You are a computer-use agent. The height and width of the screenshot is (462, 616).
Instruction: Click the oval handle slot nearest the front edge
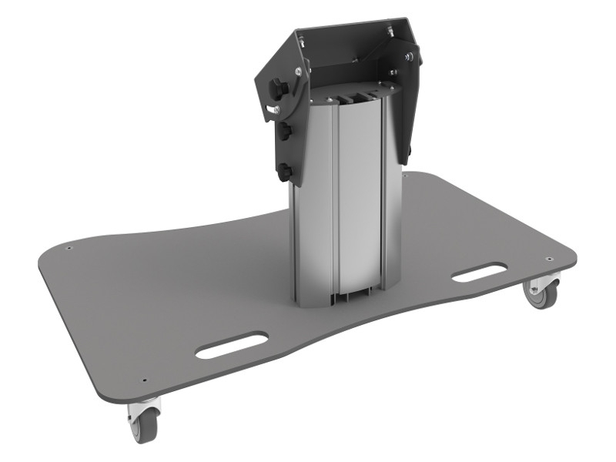click(231, 346)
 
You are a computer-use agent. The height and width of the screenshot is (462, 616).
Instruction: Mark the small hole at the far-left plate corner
click(69, 249)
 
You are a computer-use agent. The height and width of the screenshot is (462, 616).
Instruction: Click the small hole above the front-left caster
click(145, 379)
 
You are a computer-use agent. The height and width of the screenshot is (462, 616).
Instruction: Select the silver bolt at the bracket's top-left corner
click(301, 36)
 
